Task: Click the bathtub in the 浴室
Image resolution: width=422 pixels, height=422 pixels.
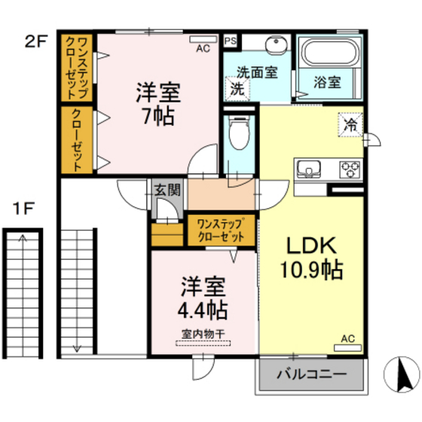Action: [331, 53]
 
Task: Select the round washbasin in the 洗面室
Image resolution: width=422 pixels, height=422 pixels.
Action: [277, 45]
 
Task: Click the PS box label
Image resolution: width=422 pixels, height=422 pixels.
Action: [231, 41]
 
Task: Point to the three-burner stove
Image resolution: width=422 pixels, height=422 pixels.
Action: [350, 170]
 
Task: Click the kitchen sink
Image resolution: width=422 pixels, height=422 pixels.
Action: [309, 170]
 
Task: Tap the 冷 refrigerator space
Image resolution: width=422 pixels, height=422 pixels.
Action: [351, 125]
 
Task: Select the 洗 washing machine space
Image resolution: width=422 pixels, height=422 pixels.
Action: [237, 89]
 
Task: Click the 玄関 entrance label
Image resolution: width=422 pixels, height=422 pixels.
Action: [167, 190]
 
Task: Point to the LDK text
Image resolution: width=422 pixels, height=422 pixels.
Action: [311, 246]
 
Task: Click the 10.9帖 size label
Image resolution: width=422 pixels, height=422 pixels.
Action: [312, 270]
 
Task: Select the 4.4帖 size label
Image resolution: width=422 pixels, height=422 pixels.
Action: [203, 310]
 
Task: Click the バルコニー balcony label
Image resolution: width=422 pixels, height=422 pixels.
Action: [312, 374]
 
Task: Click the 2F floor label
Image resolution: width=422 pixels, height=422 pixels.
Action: [36, 41]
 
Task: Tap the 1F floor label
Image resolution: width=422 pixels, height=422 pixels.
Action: [23, 209]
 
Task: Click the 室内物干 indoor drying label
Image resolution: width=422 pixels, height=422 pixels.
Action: [203, 334]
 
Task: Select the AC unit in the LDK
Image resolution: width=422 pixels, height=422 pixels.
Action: [347, 347]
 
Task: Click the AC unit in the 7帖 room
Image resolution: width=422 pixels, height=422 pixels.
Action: [203, 39]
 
